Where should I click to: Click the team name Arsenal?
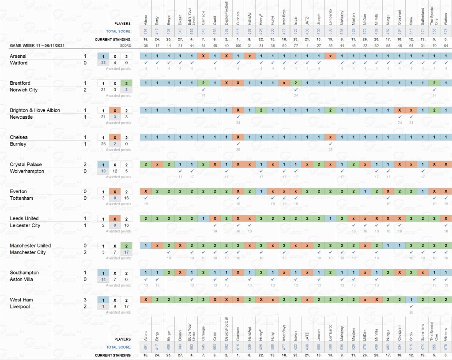(x=18, y=56)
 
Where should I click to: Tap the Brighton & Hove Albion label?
(x=35, y=110)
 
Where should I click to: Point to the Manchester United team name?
(x=30, y=246)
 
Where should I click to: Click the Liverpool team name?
(x=20, y=307)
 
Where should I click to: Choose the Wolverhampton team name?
(x=27, y=171)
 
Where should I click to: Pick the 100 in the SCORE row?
(x=238, y=45)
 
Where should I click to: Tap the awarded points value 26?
(x=411, y=312)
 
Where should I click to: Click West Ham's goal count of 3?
(x=85, y=300)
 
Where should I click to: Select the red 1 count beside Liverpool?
(x=103, y=307)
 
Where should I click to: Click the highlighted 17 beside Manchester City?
(x=126, y=252)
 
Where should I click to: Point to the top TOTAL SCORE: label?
(x=119, y=31)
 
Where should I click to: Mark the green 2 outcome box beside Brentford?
(x=126, y=83)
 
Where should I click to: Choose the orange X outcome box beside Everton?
(x=114, y=191)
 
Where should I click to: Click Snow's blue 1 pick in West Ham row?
(x=411, y=300)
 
